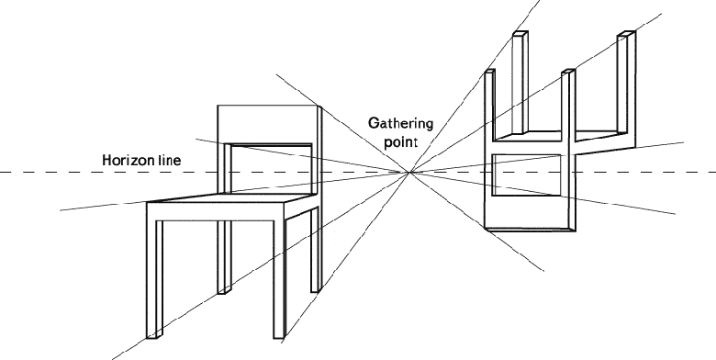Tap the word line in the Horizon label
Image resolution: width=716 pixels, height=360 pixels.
pos(170,160)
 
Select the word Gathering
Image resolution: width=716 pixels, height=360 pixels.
pos(400,124)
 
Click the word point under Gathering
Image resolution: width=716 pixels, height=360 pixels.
pos(400,142)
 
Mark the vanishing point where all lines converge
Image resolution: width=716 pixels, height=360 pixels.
pos(410,173)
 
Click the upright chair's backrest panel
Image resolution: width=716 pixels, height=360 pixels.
pos(268,124)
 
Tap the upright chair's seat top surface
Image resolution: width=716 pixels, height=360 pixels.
pos(230,197)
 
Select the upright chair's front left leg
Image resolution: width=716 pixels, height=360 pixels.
pos(154,279)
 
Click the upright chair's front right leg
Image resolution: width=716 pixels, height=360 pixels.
pos(279,279)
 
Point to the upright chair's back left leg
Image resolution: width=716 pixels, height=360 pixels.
pos(224,257)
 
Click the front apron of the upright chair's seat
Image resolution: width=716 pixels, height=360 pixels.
pos(215,212)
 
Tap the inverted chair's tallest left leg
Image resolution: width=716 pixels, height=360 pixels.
pos(520,83)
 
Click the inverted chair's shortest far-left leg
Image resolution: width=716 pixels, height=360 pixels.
pos(489,104)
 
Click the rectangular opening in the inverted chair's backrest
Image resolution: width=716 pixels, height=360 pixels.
pos(527,175)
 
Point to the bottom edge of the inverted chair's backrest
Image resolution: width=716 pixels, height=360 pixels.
pos(530,229)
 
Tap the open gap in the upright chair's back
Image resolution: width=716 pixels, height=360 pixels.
pos(271,169)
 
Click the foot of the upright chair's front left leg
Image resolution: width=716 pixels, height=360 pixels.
pos(154,336)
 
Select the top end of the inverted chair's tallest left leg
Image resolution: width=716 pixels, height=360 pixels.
pos(520,32)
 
